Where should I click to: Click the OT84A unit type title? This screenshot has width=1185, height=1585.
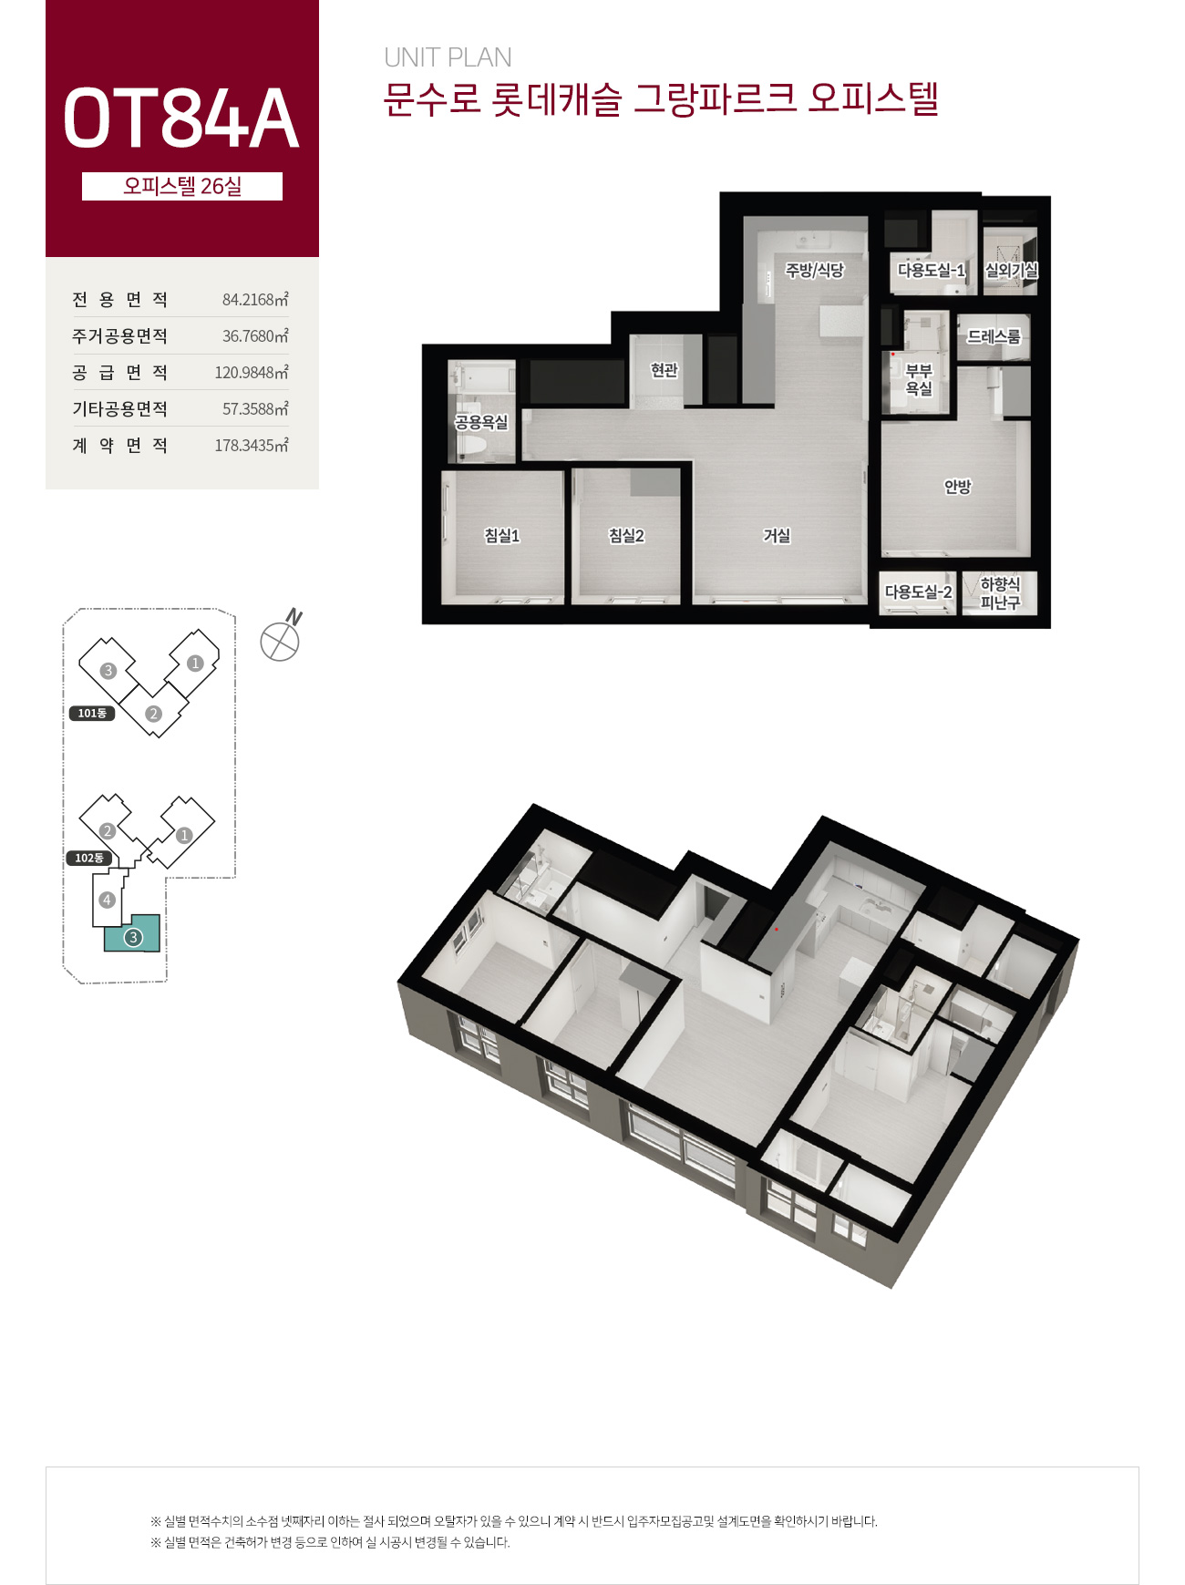point(180,118)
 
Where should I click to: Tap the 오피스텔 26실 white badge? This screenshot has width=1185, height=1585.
point(182,186)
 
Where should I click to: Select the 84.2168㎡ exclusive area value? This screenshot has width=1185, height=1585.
point(255,299)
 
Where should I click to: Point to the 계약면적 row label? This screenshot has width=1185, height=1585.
point(120,445)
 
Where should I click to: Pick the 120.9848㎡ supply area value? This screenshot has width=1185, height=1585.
point(252,372)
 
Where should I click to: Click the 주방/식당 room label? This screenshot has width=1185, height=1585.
point(815,270)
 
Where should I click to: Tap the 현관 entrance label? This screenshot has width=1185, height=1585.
point(665,369)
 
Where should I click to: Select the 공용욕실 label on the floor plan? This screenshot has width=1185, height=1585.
point(481,422)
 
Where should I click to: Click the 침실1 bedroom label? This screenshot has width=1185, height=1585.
point(502,535)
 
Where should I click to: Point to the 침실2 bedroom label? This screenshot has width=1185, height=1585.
point(627,535)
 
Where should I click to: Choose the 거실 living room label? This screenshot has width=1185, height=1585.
point(777,535)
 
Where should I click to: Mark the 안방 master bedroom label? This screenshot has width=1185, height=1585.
point(957,486)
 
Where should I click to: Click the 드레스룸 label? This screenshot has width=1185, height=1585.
point(994,336)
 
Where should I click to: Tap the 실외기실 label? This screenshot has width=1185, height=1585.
point(1011,270)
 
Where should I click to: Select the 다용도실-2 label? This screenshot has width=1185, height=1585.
point(919,592)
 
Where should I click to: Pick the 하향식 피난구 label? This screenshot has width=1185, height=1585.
point(1000,592)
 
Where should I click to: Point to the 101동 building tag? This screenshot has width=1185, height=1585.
point(92,713)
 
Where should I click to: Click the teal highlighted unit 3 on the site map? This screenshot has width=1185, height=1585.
point(133,933)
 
